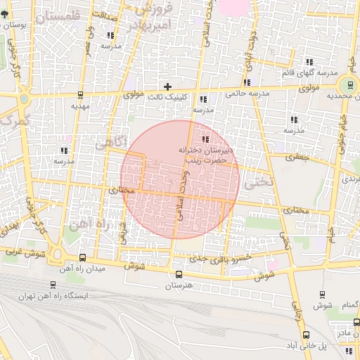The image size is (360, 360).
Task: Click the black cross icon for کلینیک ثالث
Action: pyautogui.click(x=167, y=86)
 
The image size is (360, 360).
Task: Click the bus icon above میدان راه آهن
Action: pyautogui.click(x=83, y=258)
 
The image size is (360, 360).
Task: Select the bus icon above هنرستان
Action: pyautogui.click(x=178, y=274)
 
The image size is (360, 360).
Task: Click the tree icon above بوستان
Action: pyautogui.click(x=6, y=16)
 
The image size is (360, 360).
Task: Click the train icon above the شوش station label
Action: pyautogui.click(x=323, y=295)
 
